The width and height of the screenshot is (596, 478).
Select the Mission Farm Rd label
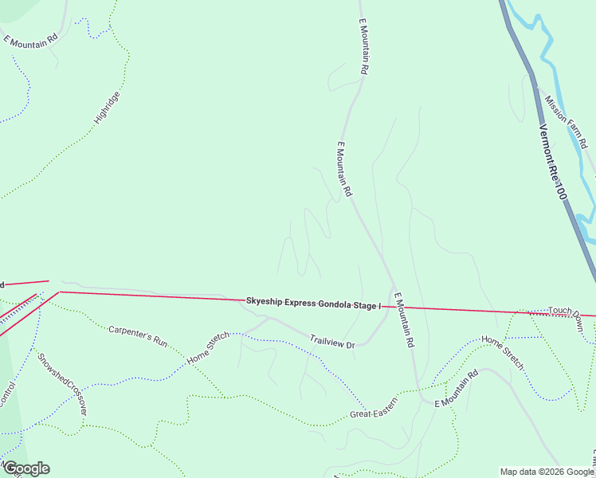567,122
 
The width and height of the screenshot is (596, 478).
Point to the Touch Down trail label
566,309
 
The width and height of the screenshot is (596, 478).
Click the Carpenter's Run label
139,335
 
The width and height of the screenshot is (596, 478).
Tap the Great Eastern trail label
373,414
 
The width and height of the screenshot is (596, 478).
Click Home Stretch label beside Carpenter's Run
208,348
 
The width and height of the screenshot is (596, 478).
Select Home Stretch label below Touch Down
503,352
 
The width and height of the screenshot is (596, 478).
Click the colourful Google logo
26,468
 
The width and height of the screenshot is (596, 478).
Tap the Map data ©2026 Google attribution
547,472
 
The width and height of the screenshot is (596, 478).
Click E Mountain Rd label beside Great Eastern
456,388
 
